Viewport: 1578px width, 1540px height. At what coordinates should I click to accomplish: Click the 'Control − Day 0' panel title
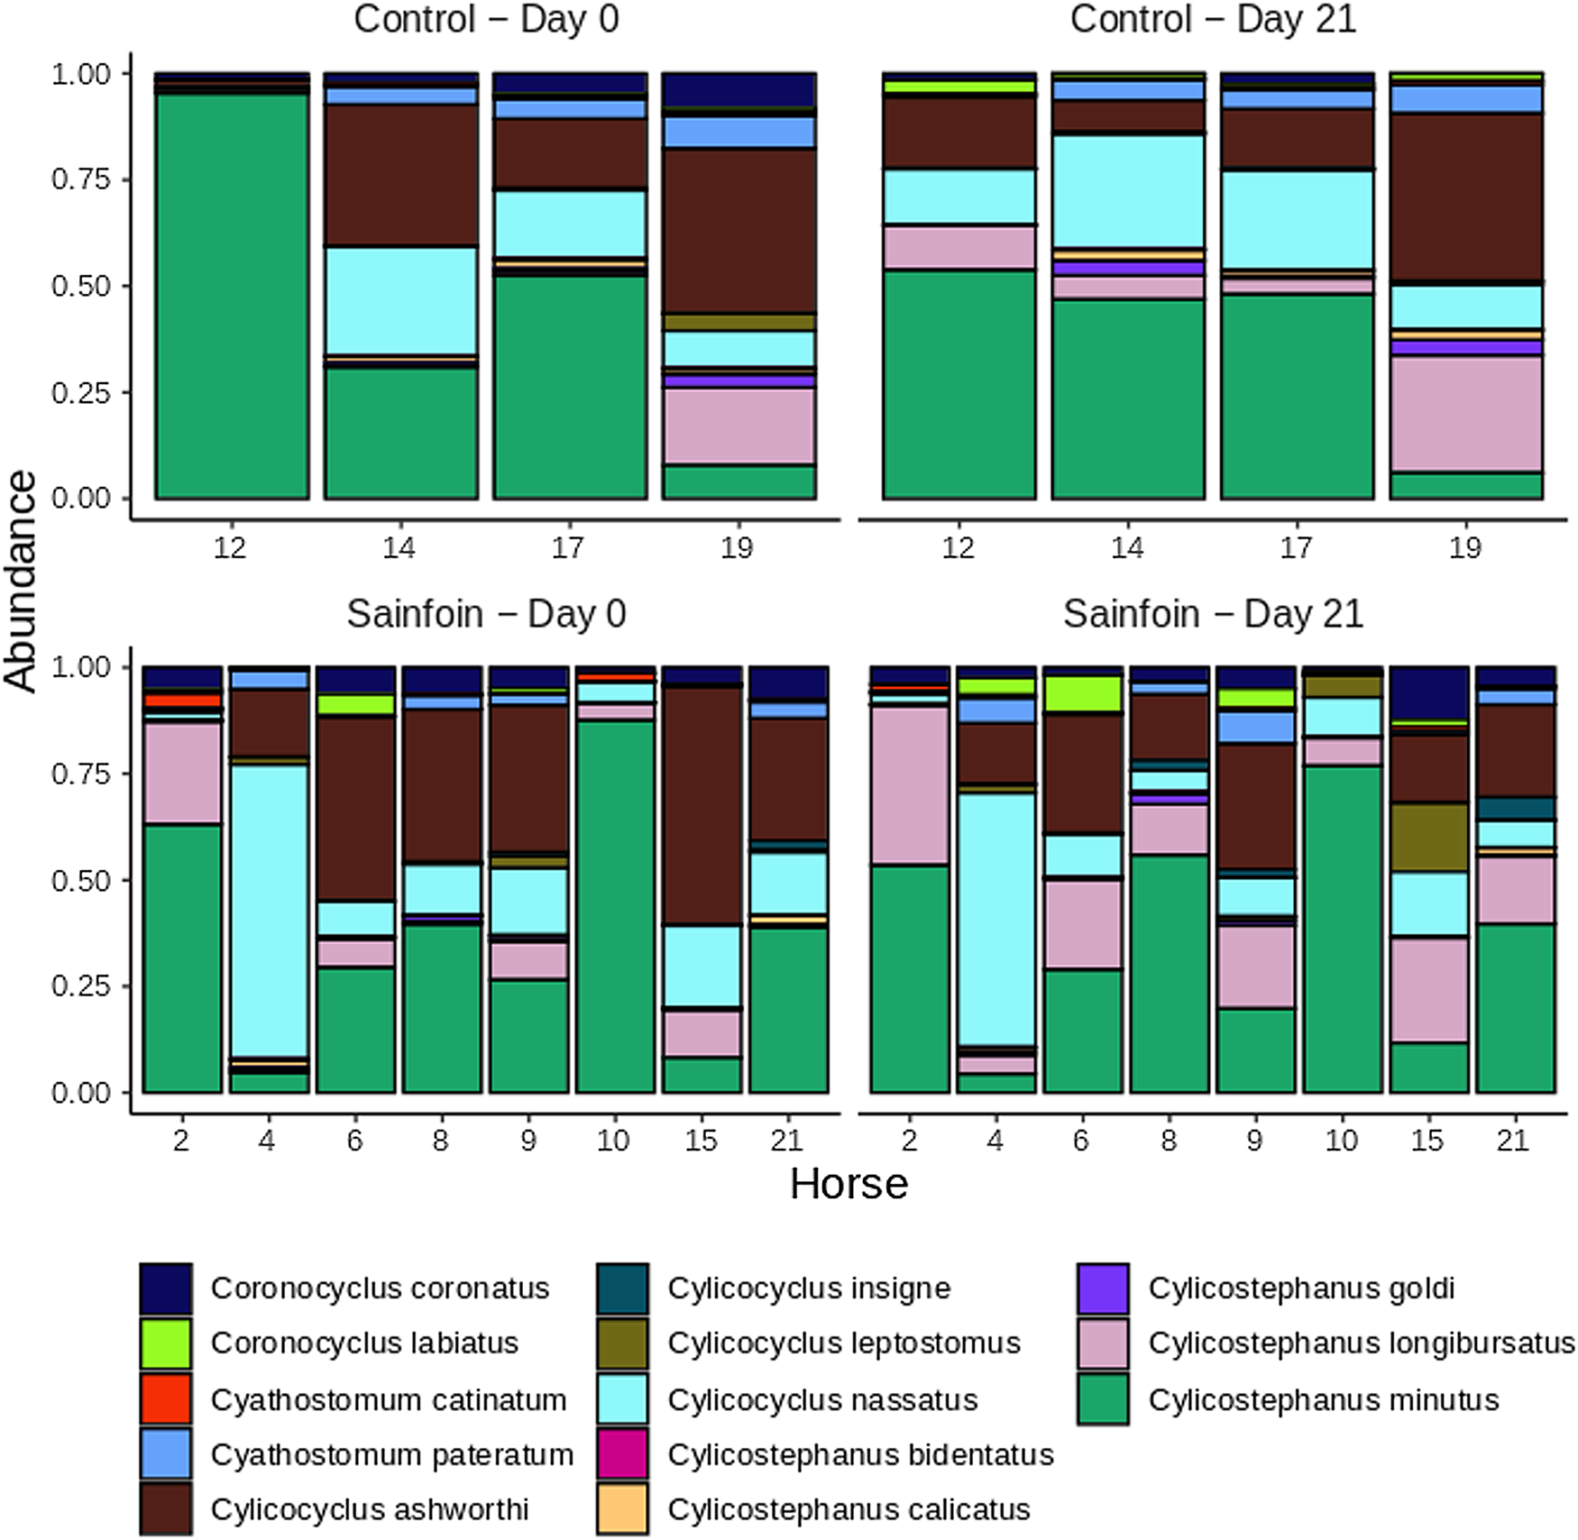(486, 20)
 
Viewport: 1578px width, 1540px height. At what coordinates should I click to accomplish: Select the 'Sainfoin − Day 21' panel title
(1213, 614)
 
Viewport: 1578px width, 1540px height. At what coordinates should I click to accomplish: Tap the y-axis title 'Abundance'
(20, 581)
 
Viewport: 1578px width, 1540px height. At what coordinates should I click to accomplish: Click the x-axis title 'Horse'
(849, 1183)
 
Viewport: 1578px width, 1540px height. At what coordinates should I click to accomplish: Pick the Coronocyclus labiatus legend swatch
(166, 1343)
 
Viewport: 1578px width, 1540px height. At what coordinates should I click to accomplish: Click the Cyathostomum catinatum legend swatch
(166, 1398)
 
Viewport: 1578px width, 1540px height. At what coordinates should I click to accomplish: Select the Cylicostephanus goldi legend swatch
(1103, 1288)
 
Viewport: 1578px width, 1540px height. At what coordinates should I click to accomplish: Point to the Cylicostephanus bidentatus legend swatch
(622, 1454)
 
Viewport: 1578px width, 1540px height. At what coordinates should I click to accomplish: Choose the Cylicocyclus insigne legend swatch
(622, 1288)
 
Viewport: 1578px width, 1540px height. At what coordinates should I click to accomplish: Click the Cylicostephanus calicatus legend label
(849, 1509)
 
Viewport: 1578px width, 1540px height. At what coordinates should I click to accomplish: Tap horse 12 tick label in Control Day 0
(231, 547)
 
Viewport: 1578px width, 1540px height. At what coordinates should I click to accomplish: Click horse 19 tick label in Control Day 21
(1465, 547)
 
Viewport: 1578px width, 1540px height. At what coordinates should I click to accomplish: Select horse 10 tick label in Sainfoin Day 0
(613, 1141)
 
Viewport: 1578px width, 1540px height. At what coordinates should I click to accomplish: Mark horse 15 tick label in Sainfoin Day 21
(1427, 1141)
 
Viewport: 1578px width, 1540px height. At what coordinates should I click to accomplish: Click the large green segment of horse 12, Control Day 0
(232, 298)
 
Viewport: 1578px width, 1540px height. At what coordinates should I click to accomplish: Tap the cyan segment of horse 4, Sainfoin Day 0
(269, 911)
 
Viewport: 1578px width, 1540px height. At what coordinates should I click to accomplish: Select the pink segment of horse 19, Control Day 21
(1466, 413)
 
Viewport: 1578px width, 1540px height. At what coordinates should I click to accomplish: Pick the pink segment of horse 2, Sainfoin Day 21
(910, 784)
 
